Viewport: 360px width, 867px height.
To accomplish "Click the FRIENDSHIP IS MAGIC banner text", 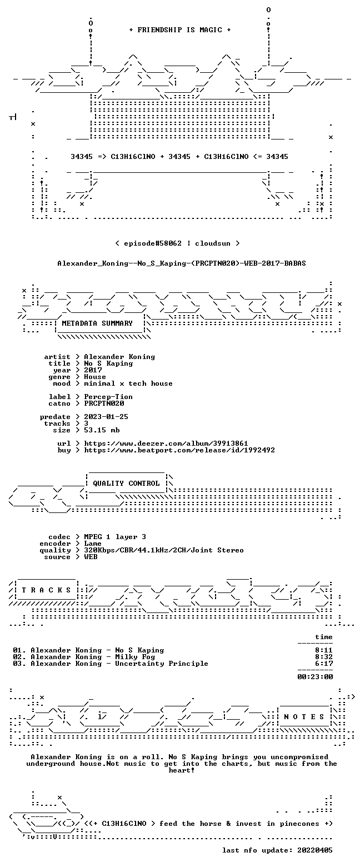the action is [x=180, y=30].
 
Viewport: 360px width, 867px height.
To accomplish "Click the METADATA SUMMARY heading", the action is [x=97, y=323].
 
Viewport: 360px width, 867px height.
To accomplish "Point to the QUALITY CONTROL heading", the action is [x=126, y=484].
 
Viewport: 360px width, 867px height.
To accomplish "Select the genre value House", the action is [x=95, y=377].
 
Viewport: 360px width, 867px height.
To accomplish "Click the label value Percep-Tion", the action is [x=108, y=397].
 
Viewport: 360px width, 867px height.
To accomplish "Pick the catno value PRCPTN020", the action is [x=104, y=403].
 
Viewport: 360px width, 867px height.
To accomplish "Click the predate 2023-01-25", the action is [x=106, y=417].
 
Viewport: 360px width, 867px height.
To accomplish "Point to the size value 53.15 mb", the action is [x=102, y=430].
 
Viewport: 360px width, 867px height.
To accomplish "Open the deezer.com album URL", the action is [x=166, y=444].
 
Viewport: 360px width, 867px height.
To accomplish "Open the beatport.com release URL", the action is [x=179, y=450].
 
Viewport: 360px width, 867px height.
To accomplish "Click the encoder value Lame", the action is [x=93, y=544].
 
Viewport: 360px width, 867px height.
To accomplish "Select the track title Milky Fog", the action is [x=135, y=657].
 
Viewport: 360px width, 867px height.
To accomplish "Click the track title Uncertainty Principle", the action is [x=162, y=664].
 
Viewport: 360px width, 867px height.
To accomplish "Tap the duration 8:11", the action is [x=324, y=650].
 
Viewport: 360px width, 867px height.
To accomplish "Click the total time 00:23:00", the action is [x=315, y=677].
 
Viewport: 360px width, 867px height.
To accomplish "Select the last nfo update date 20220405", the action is [x=314, y=850].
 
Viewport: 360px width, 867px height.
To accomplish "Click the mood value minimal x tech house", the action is [x=128, y=383].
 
